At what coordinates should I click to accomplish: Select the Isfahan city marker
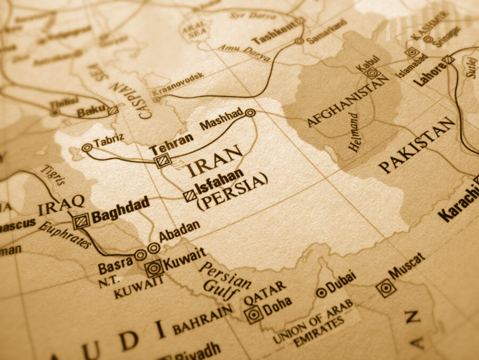tap(189, 196)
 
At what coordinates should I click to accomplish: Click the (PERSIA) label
tap(232, 191)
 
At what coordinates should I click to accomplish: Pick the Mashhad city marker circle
tap(250, 112)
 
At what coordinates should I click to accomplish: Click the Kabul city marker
tap(373, 73)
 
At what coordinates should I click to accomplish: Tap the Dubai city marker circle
tap(321, 292)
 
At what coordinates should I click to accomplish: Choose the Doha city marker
tap(254, 314)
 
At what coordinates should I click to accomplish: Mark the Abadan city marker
tap(153, 248)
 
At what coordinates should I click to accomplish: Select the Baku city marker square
tap(113, 110)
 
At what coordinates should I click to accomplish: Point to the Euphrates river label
tap(64, 234)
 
